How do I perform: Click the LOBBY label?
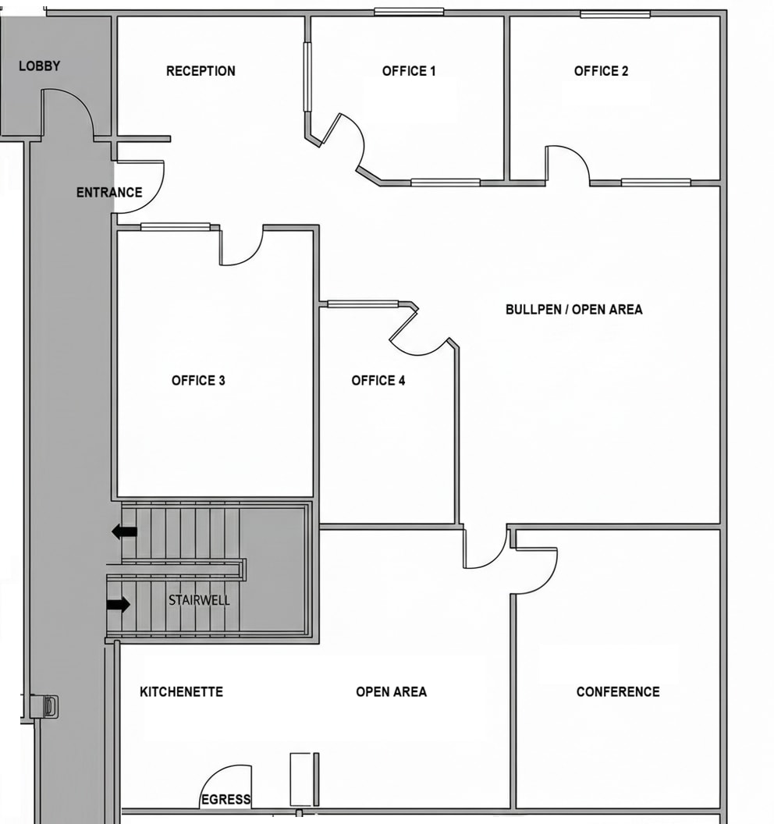tap(39, 66)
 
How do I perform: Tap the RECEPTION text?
tap(201, 71)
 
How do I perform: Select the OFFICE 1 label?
tap(409, 71)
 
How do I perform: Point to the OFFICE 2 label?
tap(601, 71)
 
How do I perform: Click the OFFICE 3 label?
tap(198, 381)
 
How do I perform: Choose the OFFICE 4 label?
tap(378, 381)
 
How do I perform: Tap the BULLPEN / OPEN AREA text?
tap(573, 310)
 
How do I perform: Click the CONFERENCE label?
tap(617, 692)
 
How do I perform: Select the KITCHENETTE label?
tap(181, 692)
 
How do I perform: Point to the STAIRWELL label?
tap(199, 601)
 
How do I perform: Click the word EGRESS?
tap(225, 799)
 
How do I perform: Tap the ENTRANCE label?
tap(109, 193)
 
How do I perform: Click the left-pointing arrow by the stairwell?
tap(124, 532)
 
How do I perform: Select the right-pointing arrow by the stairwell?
tap(119, 604)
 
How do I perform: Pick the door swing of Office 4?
tap(417, 336)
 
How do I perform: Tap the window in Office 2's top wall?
tap(615, 14)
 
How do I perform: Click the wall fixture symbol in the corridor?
tap(49, 706)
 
